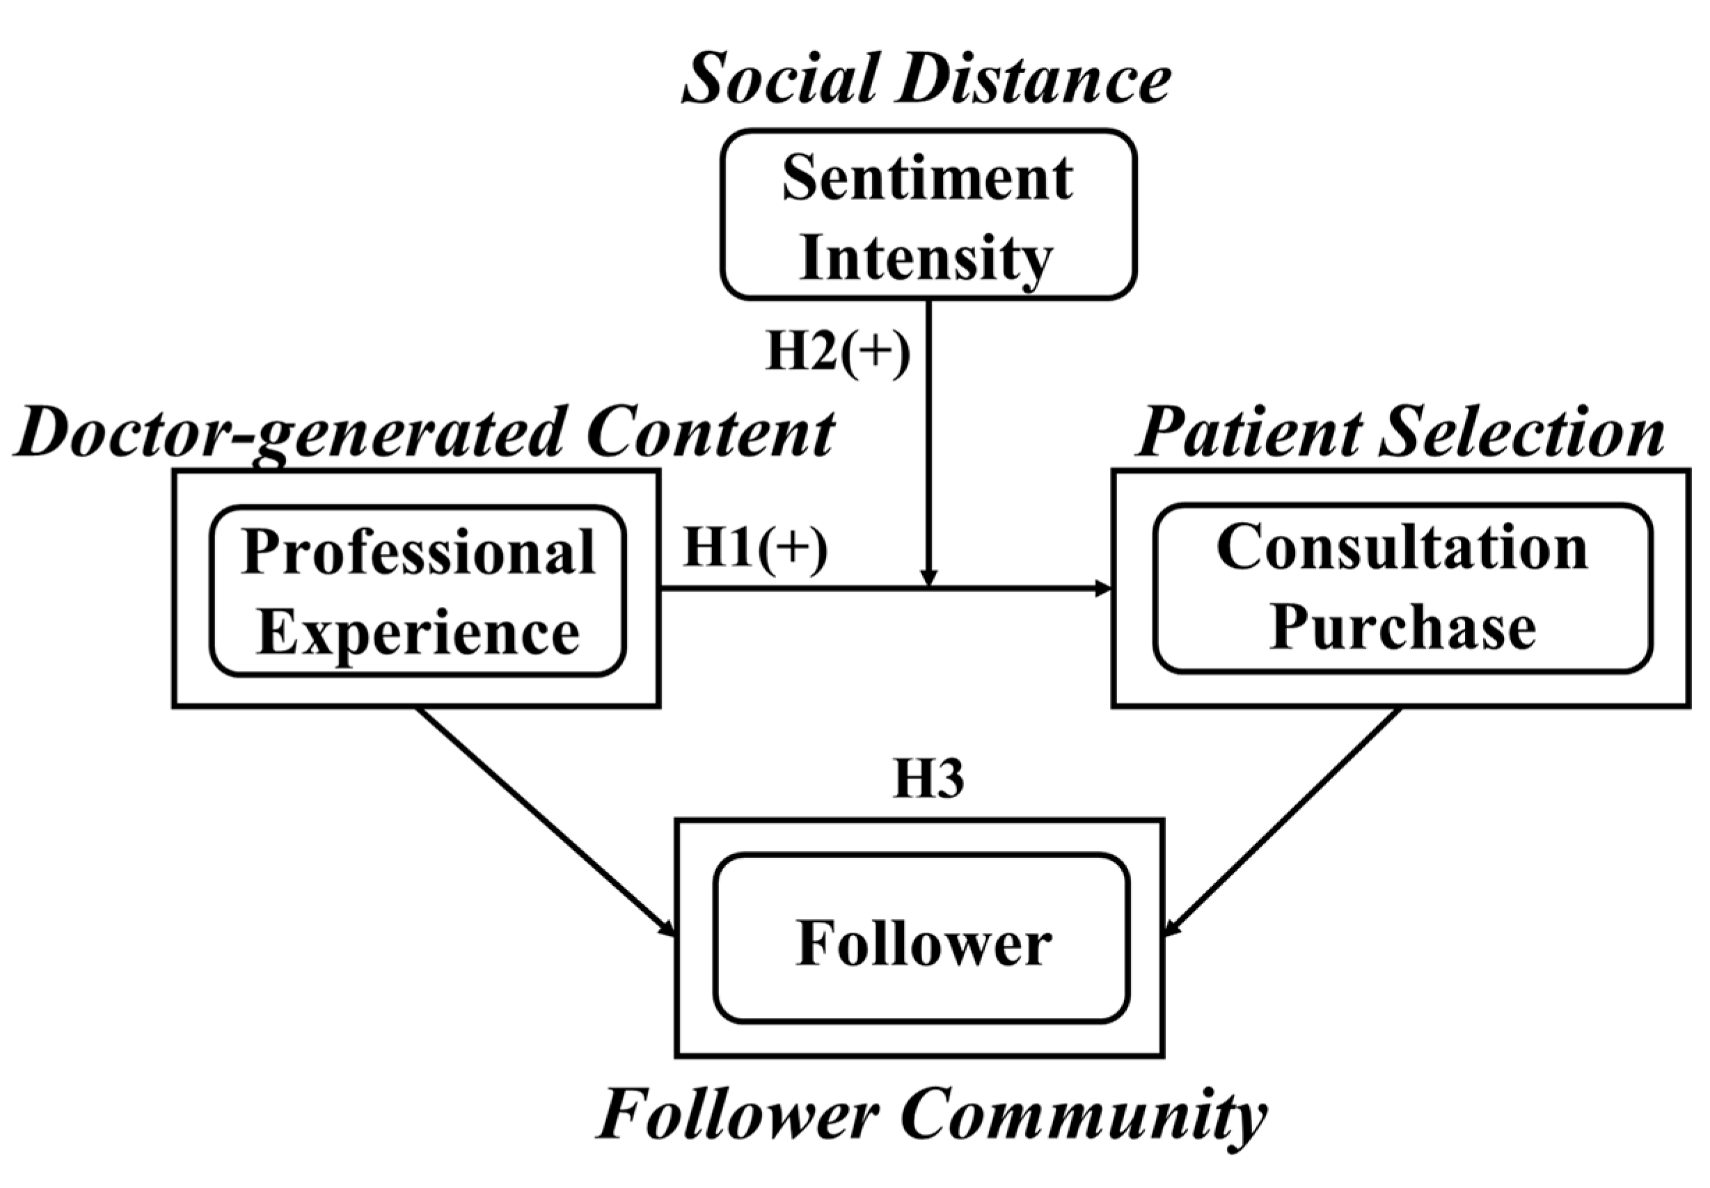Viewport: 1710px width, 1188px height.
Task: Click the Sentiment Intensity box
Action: pyautogui.click(x=928, y=215)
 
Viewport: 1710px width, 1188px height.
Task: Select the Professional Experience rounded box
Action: pyautogui.click(x=418, y=591)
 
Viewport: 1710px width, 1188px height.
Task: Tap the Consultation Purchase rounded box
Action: pyautogui.click(x=1402, y=588)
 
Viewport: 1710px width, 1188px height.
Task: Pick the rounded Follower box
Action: pyautogui.click(x=921, y=938)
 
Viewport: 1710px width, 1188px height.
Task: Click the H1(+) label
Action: pyautogui.click(x=755, y=549)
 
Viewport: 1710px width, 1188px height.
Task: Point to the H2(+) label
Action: pyautogui.click(x=837, y=351)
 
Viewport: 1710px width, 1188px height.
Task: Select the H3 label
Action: pyautogui.click(x=928, y=779)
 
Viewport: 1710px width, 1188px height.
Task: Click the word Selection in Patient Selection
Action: pyautogui.click(x=1521, y=433)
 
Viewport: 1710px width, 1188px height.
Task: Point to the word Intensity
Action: pyautogui.click(x=926, y=258)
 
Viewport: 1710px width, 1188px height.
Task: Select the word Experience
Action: pyautogui.click(x=418, y=633)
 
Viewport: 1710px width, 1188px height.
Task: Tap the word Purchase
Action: pyautogui.click(x=1402, y=627)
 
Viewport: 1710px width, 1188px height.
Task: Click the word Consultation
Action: pyautogui.click(x=1402, y=548)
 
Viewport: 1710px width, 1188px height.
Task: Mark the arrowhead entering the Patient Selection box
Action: pyautogui.click(x=1103, y=589)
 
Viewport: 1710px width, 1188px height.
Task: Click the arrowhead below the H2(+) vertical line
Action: pyautogui.click(x=928, y=578)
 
